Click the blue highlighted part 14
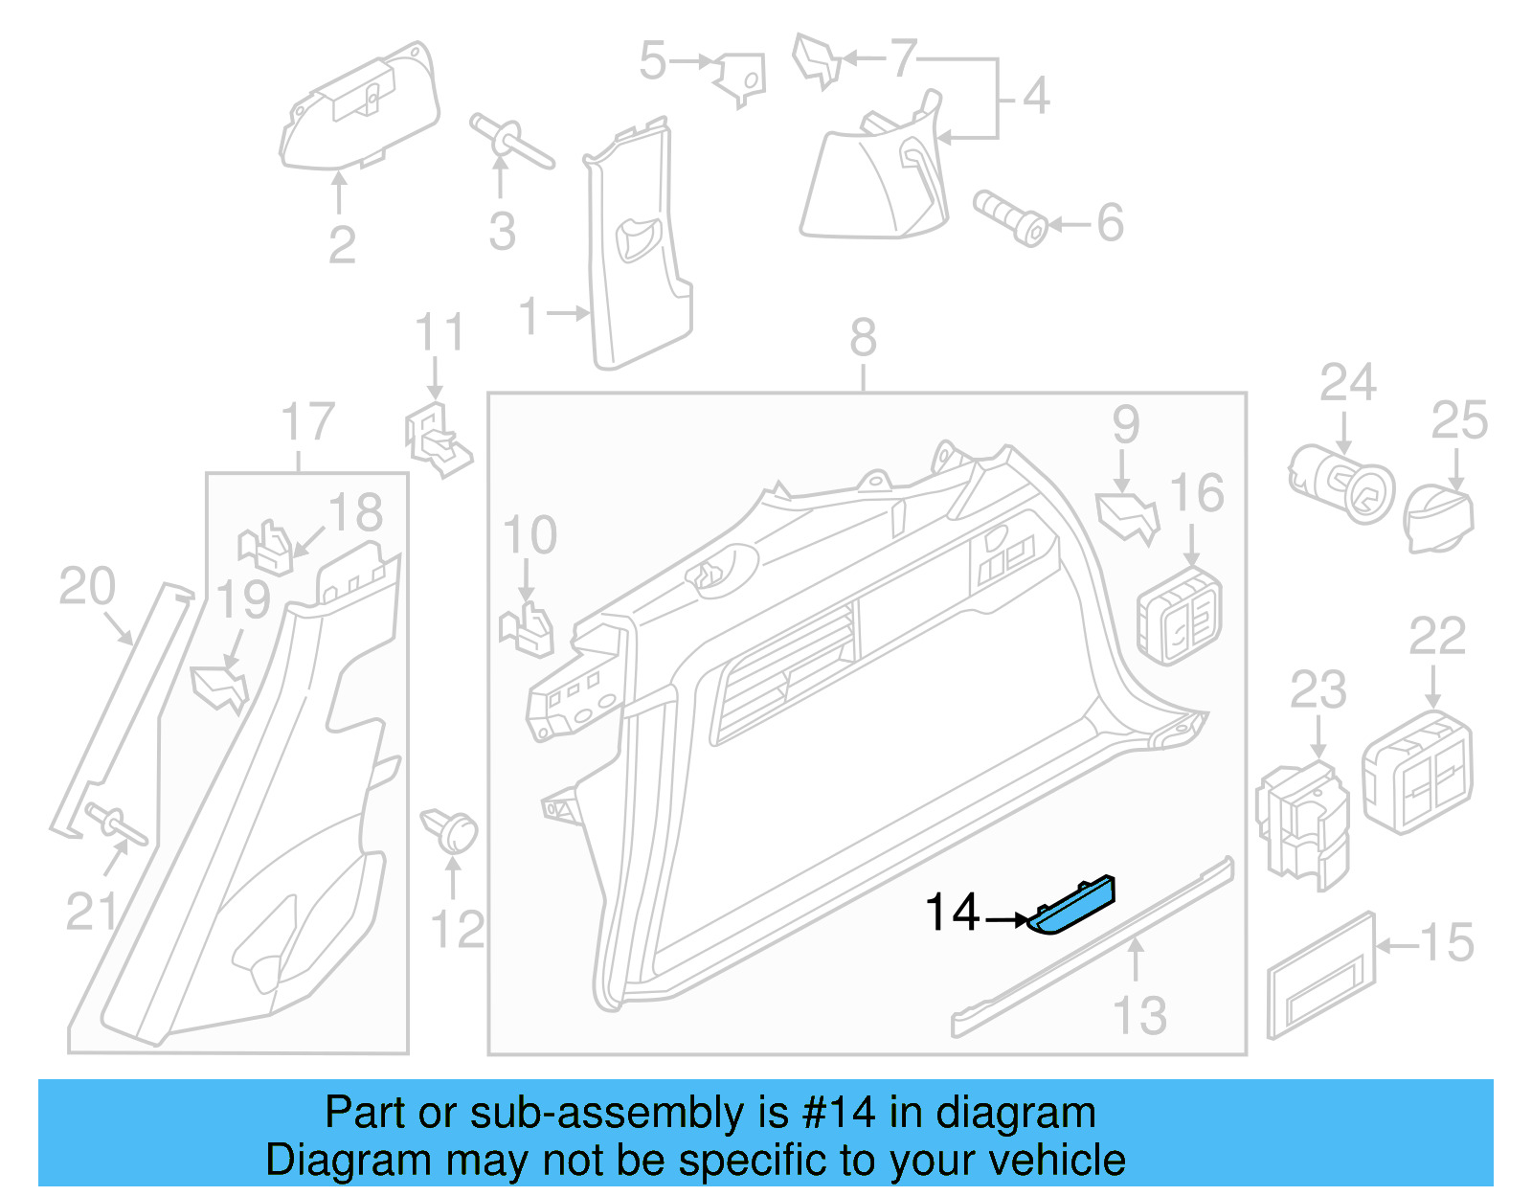1072,905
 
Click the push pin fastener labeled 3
510,141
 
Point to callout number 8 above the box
863,338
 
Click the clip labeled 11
438,440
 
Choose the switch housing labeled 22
1417,771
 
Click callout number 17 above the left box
307,422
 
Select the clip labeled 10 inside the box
528,628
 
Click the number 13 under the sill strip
1139,1016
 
